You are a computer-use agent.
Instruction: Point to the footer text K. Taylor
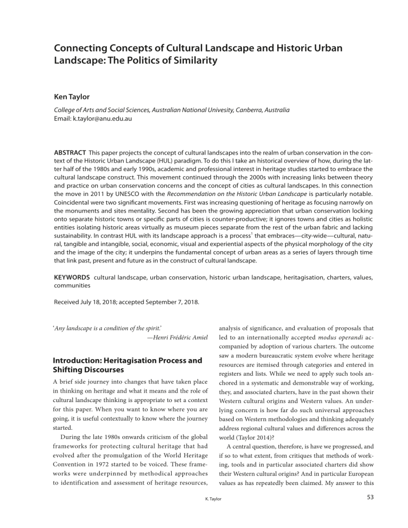coord(204,514)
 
